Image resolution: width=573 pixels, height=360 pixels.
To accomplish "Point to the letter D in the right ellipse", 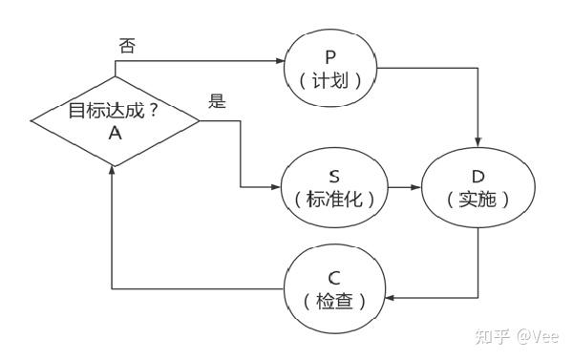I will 477,177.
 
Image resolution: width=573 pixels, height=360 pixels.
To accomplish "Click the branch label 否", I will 126,46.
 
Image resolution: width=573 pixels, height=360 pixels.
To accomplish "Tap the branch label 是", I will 218,101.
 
